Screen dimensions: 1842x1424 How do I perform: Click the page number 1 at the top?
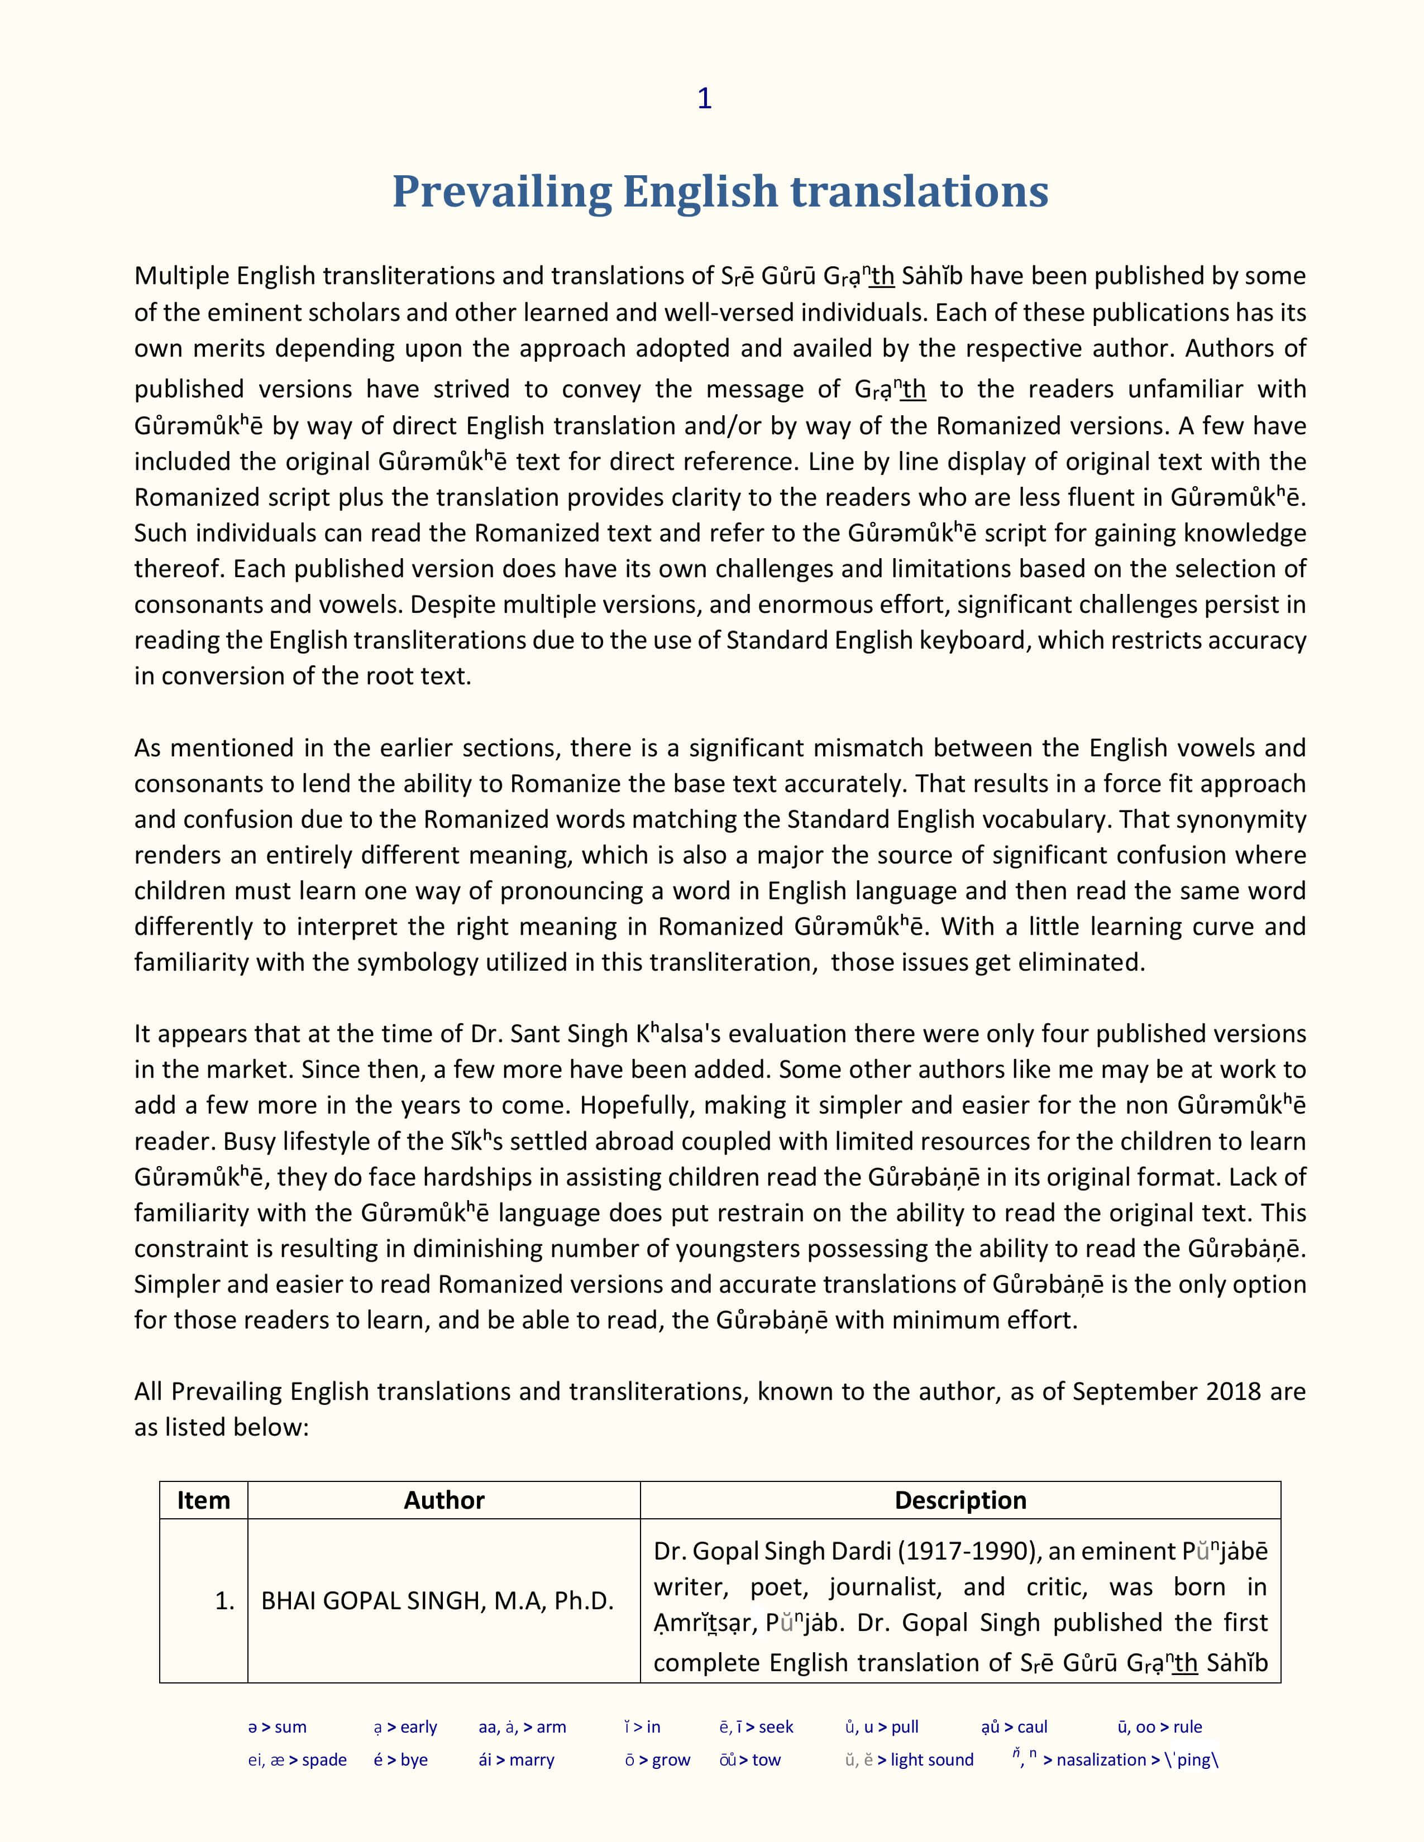coord(704,99)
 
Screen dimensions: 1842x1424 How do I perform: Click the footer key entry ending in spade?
coord(297,1759)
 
